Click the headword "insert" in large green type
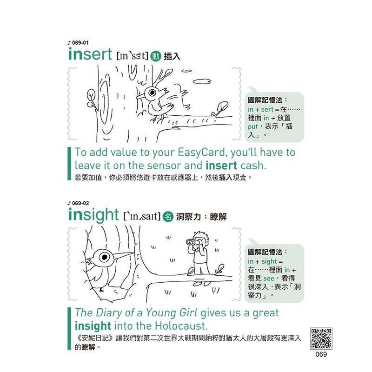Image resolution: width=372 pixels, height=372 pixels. pos(90,54)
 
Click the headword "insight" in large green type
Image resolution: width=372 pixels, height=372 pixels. pos(93,215)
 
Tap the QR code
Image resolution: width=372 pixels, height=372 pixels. pos(321,339)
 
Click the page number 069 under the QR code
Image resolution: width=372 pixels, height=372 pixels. pos(321,354)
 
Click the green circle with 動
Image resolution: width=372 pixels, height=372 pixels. pos(156,56)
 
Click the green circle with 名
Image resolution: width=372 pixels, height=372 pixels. pos(168,216)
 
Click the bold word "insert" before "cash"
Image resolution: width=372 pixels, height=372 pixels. pos(221,166)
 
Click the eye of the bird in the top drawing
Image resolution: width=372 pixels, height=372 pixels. pos(152,92)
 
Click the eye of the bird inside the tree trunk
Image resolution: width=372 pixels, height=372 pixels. pos(104,257)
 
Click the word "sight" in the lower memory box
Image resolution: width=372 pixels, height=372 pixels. pos(269,261)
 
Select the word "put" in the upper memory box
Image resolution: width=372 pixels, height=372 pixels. pos(252,126)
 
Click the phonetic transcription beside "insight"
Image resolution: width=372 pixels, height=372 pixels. pos(142,216)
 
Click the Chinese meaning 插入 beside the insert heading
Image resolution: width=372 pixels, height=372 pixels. pos(172,56)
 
